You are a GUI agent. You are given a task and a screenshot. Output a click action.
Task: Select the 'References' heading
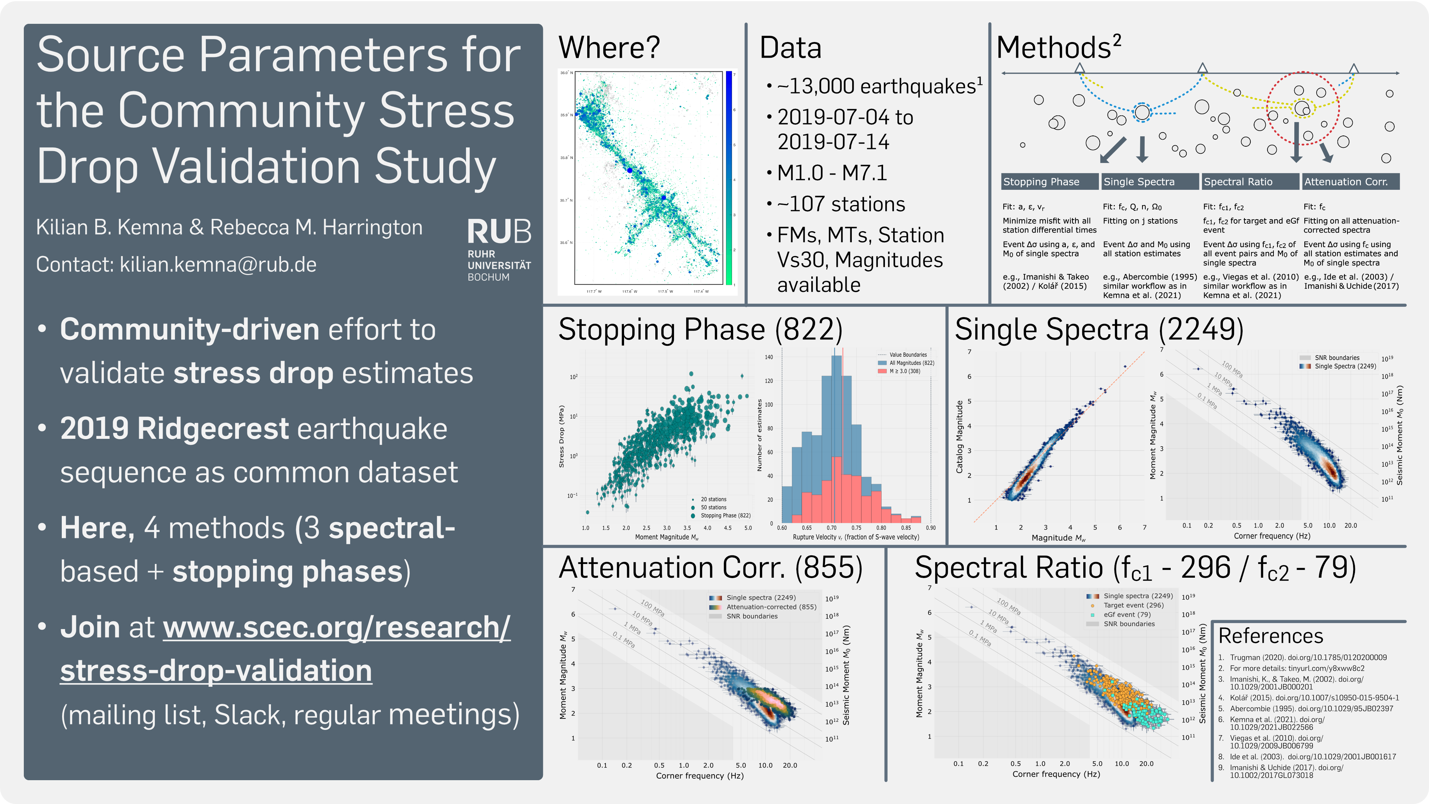click(x=1270, y=636)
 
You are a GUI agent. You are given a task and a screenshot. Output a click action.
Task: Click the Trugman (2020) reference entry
click(x=1308, y=657)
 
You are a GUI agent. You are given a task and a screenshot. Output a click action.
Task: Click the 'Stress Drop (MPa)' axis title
click(x=562, y=437)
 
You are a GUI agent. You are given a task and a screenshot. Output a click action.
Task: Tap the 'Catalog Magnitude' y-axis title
click(x=959, y=437)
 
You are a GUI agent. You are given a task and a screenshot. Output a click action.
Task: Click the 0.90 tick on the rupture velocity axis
click(x=930, y=528)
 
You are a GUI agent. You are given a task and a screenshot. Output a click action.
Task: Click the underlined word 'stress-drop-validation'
click(x=216, y=671)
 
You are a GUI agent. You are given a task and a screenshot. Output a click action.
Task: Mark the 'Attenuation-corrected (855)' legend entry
click(x=771, y=607)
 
